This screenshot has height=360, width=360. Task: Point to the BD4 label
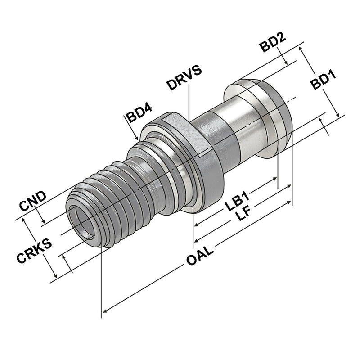click(139, 114)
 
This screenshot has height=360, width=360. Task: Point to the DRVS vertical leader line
click(189, 108)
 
